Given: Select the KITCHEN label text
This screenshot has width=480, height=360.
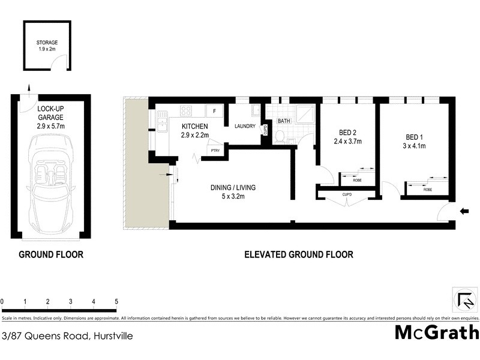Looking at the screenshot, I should point(196,127).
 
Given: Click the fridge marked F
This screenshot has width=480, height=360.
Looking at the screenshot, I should point(214,111).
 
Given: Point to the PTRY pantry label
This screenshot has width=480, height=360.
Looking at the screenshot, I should point(215,151).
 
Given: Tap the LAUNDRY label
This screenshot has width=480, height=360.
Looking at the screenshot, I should point(245,127).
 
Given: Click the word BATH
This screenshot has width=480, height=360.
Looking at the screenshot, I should point(284,121).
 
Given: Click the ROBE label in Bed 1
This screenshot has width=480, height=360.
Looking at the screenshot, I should point(427,190).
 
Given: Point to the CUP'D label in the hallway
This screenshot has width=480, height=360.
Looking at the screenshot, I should point(347,194).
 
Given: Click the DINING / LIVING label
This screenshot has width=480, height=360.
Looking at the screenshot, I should point(233,188).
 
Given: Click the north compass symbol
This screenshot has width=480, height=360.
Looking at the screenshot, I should point(464,298).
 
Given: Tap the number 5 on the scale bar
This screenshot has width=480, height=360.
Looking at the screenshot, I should point(116,301).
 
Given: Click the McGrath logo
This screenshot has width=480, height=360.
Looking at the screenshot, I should point(437,332).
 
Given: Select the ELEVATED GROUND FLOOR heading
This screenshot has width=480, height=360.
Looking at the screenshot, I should point(299,254).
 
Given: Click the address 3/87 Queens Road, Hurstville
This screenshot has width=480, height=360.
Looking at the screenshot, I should point(67,336).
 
